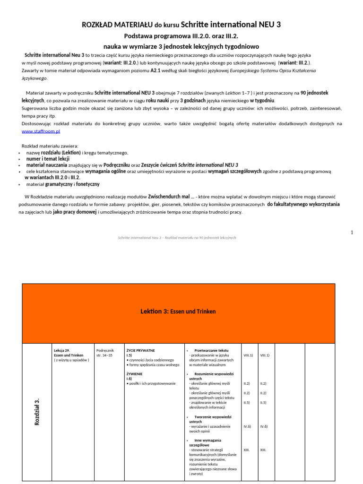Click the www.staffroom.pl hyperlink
[41, 131]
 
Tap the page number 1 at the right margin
[352, 232]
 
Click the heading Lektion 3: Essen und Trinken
[178, 311]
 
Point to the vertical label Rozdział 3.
[37, 411]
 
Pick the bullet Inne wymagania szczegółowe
[207, 442]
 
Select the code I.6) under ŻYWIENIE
[129, 379]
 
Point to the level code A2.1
[157, 70]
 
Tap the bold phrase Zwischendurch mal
[165, 196]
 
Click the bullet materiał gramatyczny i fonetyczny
[63, 184]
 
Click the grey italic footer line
[176, 237]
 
